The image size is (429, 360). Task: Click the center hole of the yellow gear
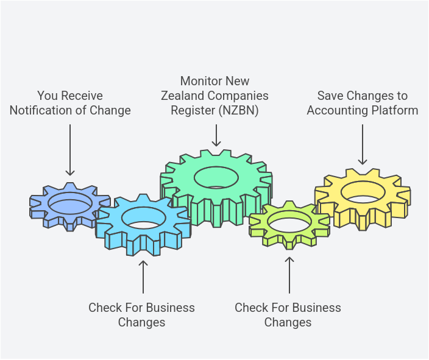[363, 192]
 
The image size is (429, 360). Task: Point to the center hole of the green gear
[216, 177]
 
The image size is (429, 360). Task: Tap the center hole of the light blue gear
[143, 218]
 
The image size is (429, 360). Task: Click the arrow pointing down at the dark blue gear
[70, 149]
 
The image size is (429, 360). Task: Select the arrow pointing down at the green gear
[216, 135]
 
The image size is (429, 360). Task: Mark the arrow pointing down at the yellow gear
[363, 144]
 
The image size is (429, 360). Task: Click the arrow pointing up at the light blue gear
[143, 277]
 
